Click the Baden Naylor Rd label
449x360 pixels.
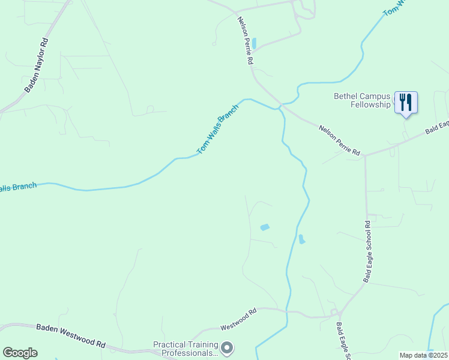(x=36, y=65)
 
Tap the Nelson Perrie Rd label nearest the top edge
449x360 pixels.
(x=245, y=41)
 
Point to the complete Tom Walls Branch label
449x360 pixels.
(x=218, y=129)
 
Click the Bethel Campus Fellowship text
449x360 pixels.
(x=362, y=100)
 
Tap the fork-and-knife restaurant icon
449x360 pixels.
(x=406, y=101)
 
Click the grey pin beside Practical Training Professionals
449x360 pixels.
(x=227, y=347)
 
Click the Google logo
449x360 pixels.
(x=20, y=353)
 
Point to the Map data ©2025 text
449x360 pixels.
(x=423, y=355)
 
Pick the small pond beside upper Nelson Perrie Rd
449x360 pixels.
(x=255, y=43)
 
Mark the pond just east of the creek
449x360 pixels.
(x=301, y=239)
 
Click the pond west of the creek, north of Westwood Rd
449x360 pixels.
(x=264, y=227)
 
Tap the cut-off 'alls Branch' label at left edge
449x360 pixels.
(x=18, y=188)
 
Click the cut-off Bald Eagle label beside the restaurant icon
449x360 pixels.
(x=438, y=127)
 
